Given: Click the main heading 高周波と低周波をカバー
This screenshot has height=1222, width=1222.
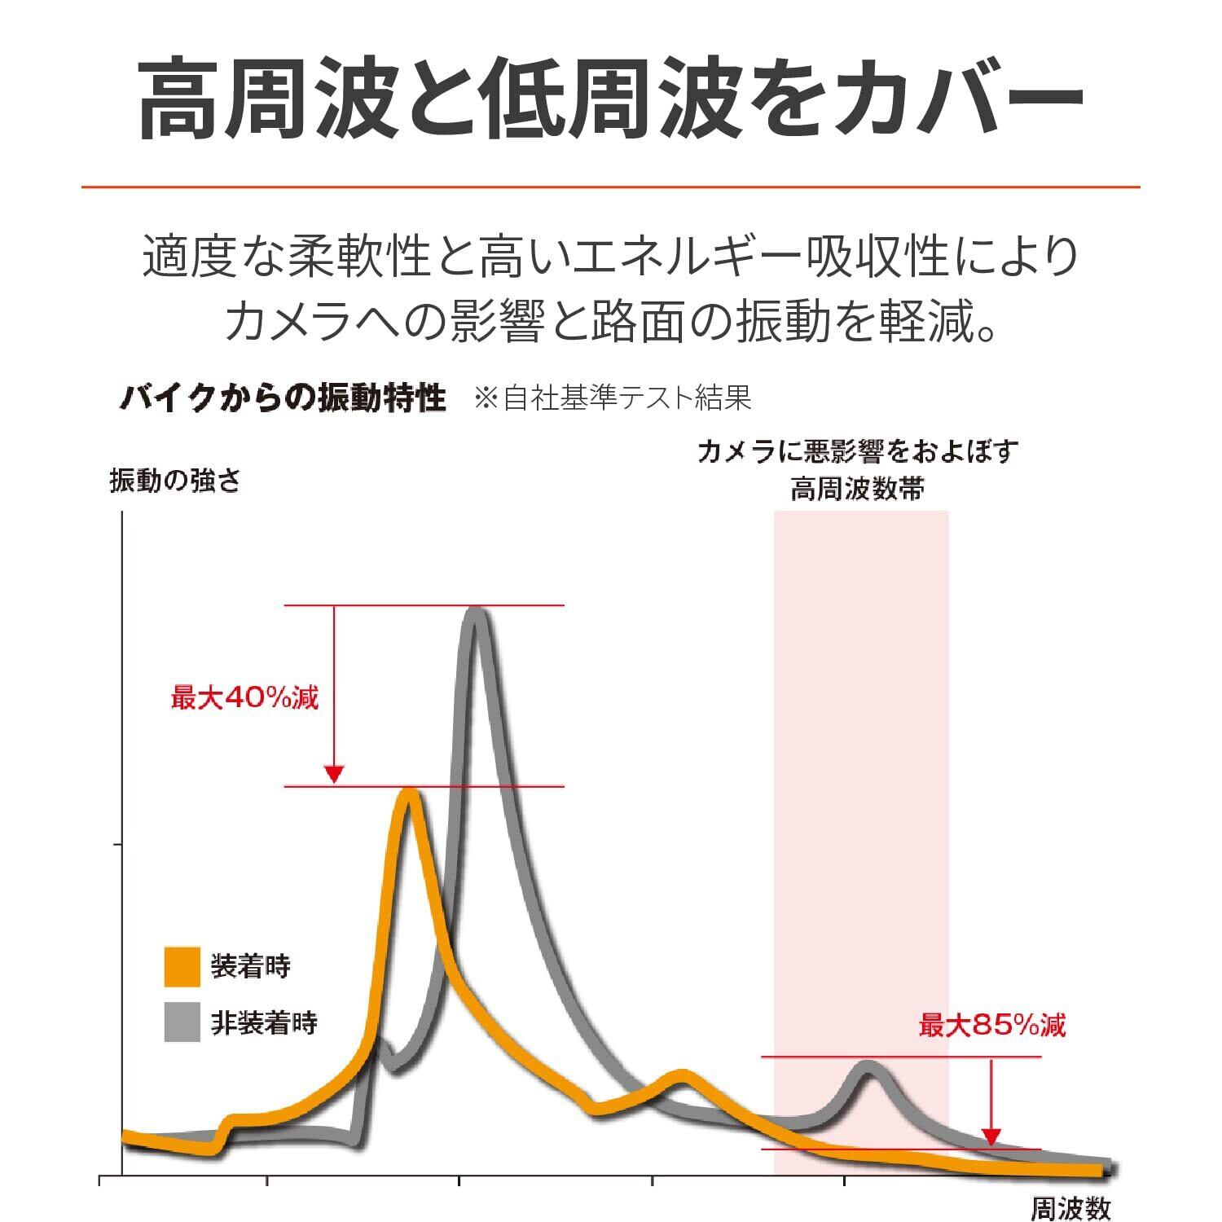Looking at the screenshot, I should [611, 98].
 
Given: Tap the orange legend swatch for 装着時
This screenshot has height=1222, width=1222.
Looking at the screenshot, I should [182, 966].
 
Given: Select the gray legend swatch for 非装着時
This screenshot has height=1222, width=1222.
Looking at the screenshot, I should [182, 1022].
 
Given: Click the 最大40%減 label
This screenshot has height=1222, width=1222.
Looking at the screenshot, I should [244, 698].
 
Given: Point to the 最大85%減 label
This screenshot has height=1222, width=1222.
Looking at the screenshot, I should [992, 1025].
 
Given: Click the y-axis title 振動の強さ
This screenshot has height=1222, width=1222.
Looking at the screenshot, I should [175, 481].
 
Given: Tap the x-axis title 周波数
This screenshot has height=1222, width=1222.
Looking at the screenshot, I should [1070, 1209].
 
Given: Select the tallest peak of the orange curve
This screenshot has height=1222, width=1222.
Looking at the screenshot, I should [408, 794].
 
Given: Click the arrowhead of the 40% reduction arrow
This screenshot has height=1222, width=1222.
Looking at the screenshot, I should [334, 775].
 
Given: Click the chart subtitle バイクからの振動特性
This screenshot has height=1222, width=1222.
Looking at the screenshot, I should [283, 398].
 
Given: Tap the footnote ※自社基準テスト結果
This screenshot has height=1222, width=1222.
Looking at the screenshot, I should [612, 398].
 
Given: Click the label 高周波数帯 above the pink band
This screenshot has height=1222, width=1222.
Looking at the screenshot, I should [857, 490].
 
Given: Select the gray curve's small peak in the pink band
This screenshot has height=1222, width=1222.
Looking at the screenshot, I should [868, 1067].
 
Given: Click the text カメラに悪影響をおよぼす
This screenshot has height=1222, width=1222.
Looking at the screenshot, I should [857, 451].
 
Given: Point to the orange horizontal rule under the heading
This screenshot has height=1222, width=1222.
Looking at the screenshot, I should [611, 187].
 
